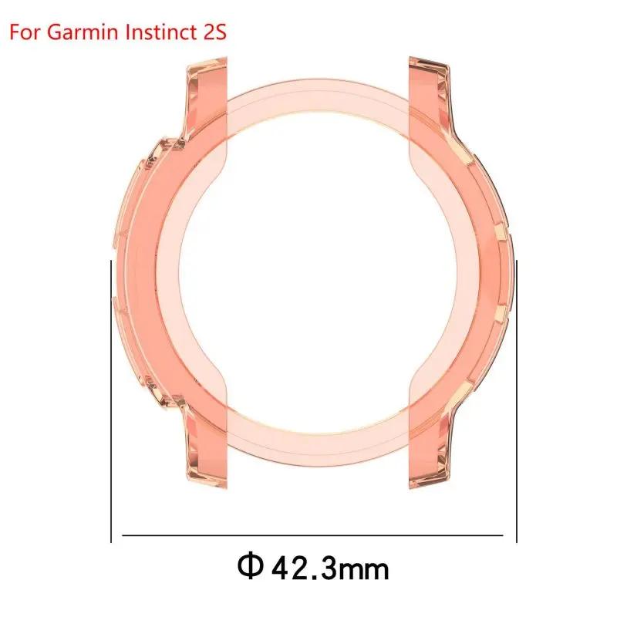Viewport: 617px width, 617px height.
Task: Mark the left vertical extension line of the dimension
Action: (x=112, y=401)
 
